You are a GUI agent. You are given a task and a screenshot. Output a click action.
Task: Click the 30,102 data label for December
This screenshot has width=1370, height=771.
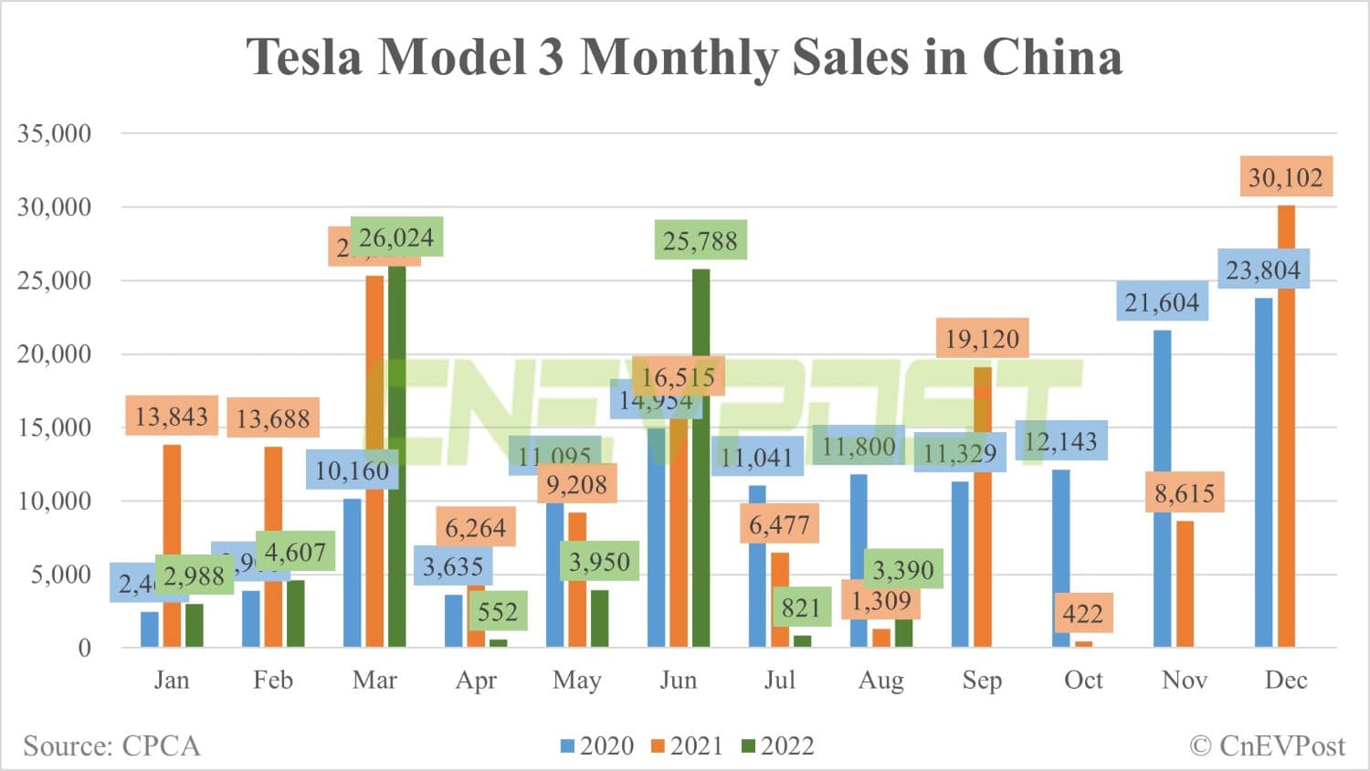1285,177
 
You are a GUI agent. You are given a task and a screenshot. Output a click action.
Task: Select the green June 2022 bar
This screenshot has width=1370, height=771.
701,457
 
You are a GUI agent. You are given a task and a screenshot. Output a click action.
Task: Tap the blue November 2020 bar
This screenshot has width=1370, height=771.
1162,489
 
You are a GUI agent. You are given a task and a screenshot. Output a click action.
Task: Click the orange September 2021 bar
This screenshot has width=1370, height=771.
982,507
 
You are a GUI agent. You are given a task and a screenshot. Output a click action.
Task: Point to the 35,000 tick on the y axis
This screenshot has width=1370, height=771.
55,133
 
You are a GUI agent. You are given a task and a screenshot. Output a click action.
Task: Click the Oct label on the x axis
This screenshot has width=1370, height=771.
1083,681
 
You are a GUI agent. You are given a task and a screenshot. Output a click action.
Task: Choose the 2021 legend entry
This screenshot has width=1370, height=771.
687,746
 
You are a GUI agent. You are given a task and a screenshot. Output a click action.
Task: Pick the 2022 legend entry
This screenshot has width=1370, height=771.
777,746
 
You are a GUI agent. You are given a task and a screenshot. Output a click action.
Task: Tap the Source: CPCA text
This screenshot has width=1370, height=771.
111,746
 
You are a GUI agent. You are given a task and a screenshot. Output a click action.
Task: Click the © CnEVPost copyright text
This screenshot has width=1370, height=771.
1267,746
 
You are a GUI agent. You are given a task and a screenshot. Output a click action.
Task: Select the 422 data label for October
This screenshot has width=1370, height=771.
1082,613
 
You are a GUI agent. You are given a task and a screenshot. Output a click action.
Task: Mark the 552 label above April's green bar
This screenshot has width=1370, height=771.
498,611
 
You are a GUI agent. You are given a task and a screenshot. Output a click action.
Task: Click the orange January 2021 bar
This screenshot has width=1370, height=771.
172,546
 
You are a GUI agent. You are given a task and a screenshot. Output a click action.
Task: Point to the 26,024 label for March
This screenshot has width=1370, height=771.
396,238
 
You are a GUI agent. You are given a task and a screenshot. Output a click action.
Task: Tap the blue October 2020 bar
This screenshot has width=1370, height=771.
1060,558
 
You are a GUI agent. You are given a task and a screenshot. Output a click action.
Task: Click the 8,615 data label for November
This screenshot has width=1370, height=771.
1185,494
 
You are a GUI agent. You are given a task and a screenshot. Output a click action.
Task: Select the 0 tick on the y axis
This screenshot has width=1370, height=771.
84,649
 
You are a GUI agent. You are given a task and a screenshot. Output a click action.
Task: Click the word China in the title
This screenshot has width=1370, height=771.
1051,57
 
